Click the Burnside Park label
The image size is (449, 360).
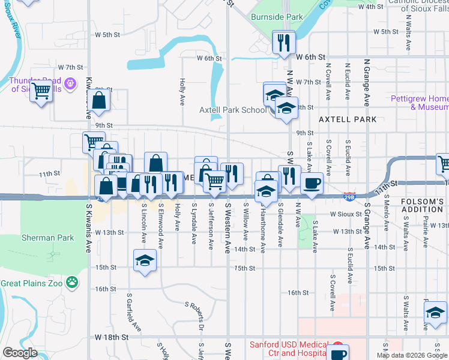pos(277,17)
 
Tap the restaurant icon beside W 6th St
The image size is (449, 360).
pos(283,43)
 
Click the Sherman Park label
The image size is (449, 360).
pos(47,238)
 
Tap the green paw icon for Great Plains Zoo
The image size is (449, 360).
pos(73,281)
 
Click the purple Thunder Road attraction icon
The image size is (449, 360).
pos(71,83)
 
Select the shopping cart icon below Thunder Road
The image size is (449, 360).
pos(41,91)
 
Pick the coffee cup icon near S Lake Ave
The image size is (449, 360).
pos(311,182)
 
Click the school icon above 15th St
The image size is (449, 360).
pos(144,260)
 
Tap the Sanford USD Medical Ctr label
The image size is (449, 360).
pos(289,349)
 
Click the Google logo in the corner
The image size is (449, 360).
pos(20,353)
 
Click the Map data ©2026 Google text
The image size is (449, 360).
pos(411,355)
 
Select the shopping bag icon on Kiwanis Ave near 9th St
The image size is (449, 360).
pos(99,101)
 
